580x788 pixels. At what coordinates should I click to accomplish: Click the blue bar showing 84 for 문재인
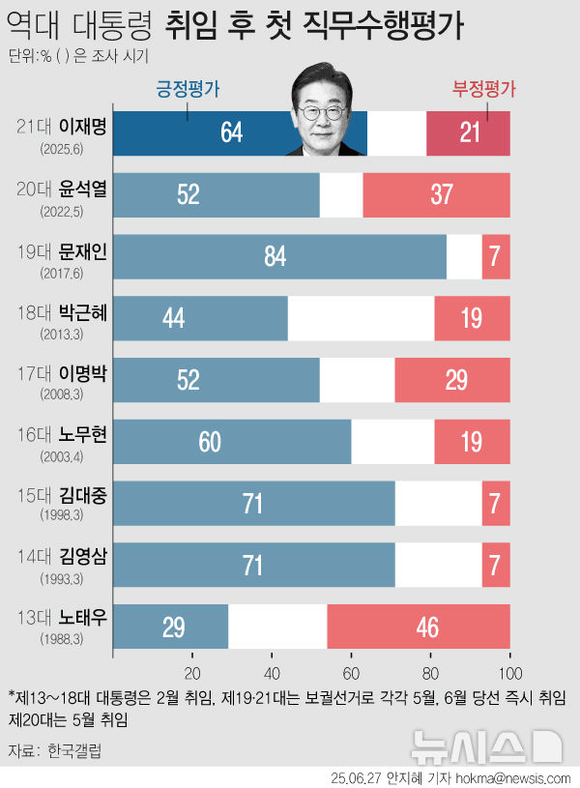pos(279,256)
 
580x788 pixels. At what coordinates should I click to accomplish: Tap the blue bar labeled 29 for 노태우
pos(170,626)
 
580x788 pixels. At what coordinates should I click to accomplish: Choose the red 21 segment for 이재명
pos(468,132)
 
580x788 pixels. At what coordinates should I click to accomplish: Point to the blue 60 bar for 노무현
pos(231,441)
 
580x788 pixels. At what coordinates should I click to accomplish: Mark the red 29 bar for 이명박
pos(452,379)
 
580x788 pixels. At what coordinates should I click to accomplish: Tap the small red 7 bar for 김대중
pos(496,503)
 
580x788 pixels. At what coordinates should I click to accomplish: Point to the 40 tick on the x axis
pos(272,674)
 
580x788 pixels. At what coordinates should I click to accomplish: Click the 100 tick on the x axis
pos(509,674)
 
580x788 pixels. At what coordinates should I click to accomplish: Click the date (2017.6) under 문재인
pos(61,274)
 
